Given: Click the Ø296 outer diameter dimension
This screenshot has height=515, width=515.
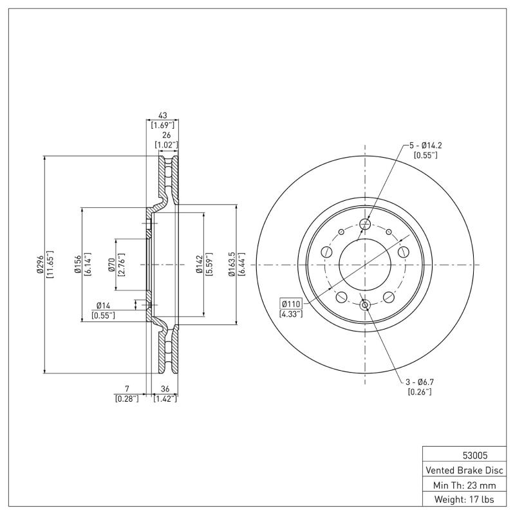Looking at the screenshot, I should click(x=40, y=264).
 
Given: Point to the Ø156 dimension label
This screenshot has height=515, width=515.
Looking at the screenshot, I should click(x=77, y=264).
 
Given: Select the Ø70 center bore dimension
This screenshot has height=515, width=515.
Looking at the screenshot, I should click(x=111, y=264).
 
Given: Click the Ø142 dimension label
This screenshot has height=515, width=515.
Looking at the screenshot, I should click(x=200, y=264).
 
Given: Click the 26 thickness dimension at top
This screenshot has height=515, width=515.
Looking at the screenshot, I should click(x=167, y=135).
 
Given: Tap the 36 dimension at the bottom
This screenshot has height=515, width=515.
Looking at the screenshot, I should click(x=164, y=389).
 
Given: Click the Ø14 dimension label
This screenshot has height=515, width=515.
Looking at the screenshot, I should click(x=104, y=305).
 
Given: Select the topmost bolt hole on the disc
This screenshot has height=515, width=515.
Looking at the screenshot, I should click(x=366, y=224).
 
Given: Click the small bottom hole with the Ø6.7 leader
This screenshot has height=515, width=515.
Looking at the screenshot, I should click(x=366, y=305).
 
